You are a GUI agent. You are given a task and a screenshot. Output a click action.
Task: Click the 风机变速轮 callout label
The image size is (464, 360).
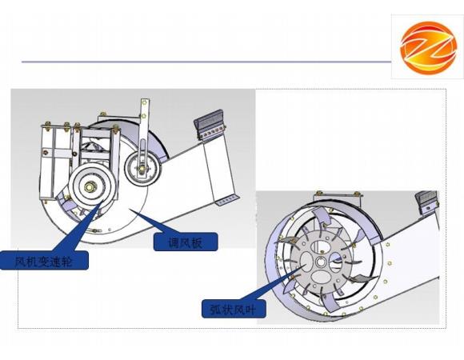44,260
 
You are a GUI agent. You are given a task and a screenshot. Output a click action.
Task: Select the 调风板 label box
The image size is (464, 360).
186,242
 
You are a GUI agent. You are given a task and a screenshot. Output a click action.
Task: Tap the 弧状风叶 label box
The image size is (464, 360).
234,309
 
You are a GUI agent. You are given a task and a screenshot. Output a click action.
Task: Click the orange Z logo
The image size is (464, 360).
427,47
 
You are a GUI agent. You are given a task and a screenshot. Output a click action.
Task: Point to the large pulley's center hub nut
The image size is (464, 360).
89,186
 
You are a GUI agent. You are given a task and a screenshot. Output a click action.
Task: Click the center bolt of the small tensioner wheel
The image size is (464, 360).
142,169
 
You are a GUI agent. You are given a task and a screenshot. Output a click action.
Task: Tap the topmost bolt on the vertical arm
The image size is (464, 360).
145,102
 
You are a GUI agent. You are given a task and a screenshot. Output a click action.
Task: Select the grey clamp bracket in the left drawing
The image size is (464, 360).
210,126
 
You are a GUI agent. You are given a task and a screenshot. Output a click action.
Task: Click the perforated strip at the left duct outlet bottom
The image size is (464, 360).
227,200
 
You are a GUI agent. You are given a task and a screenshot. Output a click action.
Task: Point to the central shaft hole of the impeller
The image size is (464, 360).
320,262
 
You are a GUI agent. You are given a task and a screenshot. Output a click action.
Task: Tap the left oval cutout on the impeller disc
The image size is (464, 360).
306,260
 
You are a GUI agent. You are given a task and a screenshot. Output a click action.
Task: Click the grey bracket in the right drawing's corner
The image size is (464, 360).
426,202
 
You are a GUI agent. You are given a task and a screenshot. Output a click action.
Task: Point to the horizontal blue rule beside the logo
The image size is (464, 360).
206,62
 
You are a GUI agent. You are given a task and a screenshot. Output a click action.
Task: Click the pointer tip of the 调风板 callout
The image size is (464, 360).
130,210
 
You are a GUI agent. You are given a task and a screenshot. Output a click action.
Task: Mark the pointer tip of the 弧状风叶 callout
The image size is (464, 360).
305,265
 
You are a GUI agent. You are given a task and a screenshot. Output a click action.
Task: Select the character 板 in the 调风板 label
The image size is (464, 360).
197,242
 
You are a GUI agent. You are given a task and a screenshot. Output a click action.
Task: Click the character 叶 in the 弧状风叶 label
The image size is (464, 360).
250,310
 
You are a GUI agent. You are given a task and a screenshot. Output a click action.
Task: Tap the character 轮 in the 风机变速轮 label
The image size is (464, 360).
66,261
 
